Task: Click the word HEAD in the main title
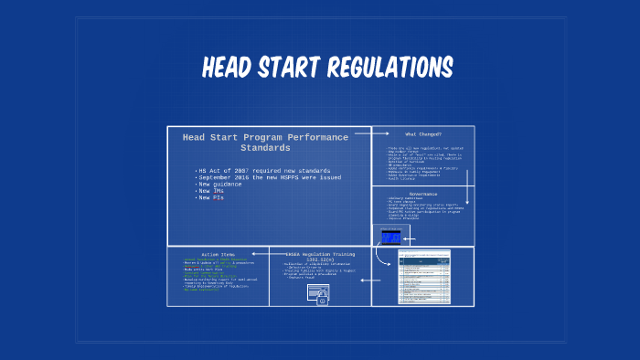pos(228,68)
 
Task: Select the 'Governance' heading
pos(422,194)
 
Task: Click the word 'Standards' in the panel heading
pos(265,147)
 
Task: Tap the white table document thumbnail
pos(424,275)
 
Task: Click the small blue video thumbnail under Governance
pos(390,237)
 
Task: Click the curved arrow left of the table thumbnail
pos(382,259)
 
